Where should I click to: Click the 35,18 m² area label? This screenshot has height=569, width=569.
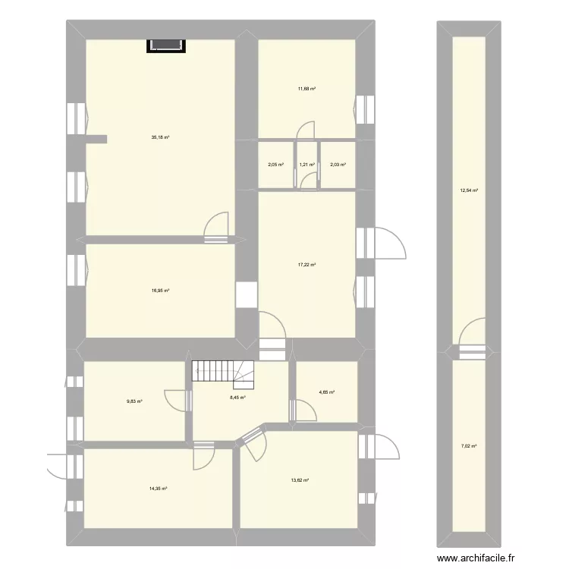159,137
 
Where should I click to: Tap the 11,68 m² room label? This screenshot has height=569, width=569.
307,89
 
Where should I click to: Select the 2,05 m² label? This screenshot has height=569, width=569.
276,165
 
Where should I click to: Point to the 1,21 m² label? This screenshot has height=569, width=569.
307,165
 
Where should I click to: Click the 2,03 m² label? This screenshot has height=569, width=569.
338,165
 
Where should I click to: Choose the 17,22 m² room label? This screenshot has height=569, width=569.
307,265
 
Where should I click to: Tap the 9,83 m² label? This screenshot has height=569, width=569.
135,402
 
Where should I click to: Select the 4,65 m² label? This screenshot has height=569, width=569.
326,392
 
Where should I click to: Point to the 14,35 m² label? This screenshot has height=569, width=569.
158,489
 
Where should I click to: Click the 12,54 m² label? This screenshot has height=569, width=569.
470,190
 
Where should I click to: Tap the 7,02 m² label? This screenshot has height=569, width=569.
470,445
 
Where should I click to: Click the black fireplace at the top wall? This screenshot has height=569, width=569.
165,46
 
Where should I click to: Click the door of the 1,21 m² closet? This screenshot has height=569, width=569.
309,179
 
